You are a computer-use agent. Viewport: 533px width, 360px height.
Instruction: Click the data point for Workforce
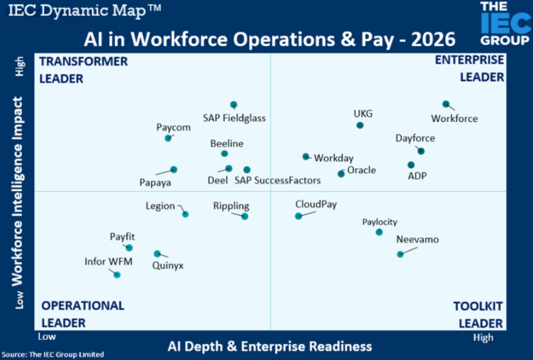[446, 104]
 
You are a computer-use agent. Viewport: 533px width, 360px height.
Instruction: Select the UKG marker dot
[360, 125]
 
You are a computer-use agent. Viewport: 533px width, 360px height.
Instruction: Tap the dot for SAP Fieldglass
[234, 104]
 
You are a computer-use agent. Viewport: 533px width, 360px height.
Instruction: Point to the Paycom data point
[168, 138]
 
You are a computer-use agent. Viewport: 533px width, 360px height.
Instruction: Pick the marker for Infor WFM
[117, 275]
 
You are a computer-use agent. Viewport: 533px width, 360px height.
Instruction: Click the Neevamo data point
[400, 254]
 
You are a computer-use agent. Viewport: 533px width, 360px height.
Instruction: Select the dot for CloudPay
[298, 216]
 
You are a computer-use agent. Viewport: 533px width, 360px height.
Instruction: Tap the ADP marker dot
[411, 165]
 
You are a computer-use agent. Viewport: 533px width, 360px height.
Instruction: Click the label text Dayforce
[415, 139]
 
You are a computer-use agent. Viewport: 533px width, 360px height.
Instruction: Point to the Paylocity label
[379, 222]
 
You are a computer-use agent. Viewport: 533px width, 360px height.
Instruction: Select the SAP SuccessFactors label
[277, 181]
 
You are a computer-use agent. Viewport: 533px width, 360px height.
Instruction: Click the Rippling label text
[231, 206]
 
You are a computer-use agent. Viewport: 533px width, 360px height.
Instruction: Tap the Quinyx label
[168, 265]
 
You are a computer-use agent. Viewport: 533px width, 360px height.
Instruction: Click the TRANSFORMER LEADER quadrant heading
[83, 70]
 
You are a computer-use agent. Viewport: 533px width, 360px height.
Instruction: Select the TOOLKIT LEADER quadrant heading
[478, 315]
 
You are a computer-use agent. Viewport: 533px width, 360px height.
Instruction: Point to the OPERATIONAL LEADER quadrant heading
[82, 314]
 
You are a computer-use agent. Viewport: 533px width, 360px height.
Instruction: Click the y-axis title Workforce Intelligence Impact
[17, 192]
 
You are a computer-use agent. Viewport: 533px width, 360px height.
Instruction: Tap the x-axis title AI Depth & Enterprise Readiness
[270, 346]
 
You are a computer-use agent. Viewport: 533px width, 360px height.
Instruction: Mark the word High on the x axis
[483, 338]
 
